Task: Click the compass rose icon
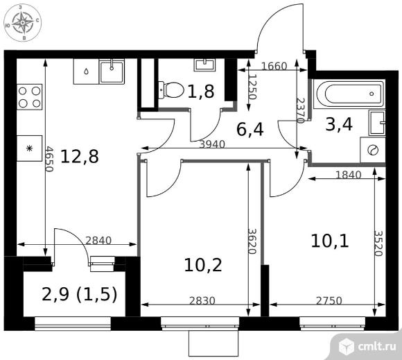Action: pos(23,23)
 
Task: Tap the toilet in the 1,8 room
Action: pos(171,90)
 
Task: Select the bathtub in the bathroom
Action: pos(349,94)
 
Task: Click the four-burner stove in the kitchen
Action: pos(30,97)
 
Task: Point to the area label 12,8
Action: pos(80,157)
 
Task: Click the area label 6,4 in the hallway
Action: pos(250,129)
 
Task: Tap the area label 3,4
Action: pos(339,124)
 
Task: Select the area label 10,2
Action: pos(203,265)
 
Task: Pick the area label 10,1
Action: pos(330,241)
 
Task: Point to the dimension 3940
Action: pos(212,144)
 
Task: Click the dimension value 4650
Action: pos(49,159)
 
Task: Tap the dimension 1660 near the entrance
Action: pos(274,67)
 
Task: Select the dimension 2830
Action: pos(202,300)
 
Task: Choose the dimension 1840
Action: pos(348,175)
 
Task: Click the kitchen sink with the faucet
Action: pos(112,72)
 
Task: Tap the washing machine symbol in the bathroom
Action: pos(372,150)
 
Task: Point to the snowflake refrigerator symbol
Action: pos(30,148)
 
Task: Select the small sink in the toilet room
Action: pos(204,65)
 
